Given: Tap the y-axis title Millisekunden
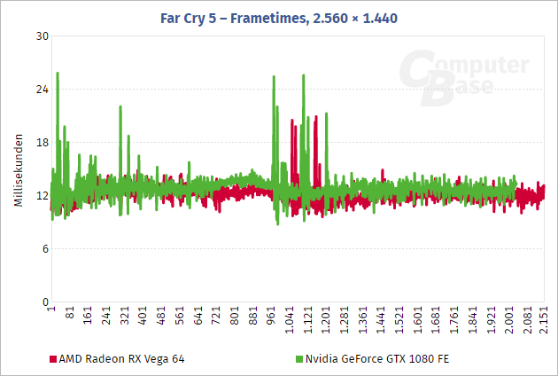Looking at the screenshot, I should [18, 171].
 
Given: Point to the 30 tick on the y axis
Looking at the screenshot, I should [42, 36].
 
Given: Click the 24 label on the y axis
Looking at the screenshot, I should [42, 90].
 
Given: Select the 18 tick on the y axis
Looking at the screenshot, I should [42, 143].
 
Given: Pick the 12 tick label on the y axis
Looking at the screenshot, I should [42, 196].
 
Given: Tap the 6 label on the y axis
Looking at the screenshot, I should [44, 249].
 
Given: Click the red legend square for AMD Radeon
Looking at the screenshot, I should [52, 359].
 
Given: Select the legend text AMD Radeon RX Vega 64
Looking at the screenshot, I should [122, 359].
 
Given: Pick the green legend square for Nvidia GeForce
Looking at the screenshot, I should [298, 359].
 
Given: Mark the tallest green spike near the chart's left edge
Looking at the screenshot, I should [58, 74].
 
